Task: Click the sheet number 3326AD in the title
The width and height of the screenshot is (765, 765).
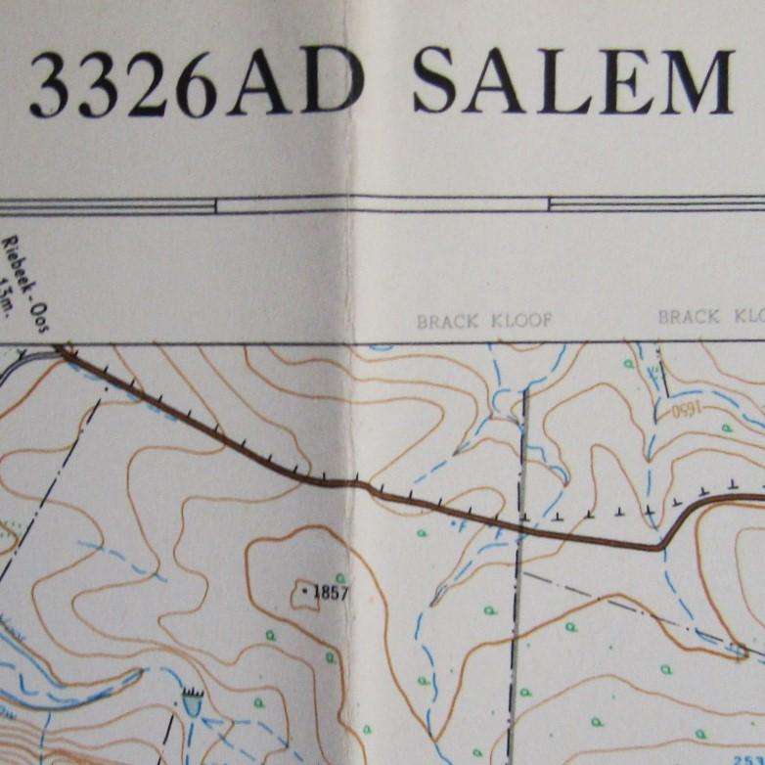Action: pos(196,85)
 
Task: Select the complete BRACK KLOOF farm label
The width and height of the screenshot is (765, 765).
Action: pos(484,321)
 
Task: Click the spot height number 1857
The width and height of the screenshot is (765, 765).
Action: pos(331,592)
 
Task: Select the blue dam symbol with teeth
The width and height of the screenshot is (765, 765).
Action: pos(192,698)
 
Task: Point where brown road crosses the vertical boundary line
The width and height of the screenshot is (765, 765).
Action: pos(521,531)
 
